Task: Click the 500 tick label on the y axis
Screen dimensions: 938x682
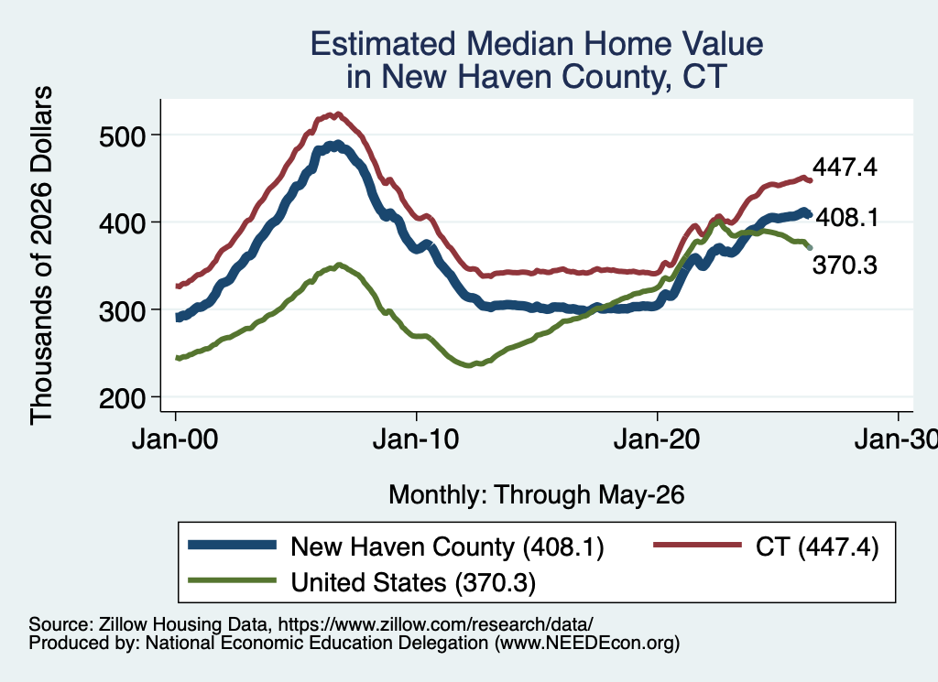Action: [x=122, y=136]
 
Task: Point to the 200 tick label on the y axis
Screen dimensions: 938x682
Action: [x=122, y=398]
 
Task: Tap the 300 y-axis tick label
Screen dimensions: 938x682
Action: [x=122, y=311]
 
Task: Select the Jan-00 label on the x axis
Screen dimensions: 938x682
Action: [x=175, y=439]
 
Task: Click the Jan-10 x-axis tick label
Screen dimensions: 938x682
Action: [x=416, y=439]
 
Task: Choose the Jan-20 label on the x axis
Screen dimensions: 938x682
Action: [x=657, y=439]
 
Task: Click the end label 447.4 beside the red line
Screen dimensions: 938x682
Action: [x=845, y=168]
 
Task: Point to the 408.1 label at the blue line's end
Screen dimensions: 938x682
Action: [x=847, y=218]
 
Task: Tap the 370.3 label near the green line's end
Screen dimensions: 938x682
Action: [x=845, y=265]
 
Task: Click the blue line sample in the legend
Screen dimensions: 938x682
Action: [x=232, y=545]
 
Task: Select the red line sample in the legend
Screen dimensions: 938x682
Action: [x=697, y=545]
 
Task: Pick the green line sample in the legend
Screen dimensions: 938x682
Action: [x=232, y=580]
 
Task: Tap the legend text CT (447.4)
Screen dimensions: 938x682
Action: [x=817, y=547]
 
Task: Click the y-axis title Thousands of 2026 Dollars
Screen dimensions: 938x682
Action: [x=42, y=255]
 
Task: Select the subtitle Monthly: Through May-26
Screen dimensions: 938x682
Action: [x=537, y=495]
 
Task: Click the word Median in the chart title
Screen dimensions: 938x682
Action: [x=520, y=44]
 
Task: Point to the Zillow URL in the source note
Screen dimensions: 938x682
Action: [x=435, y=624]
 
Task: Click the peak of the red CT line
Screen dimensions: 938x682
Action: [x=337, y=114]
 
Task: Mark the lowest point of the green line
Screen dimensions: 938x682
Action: [x=468, y=365]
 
